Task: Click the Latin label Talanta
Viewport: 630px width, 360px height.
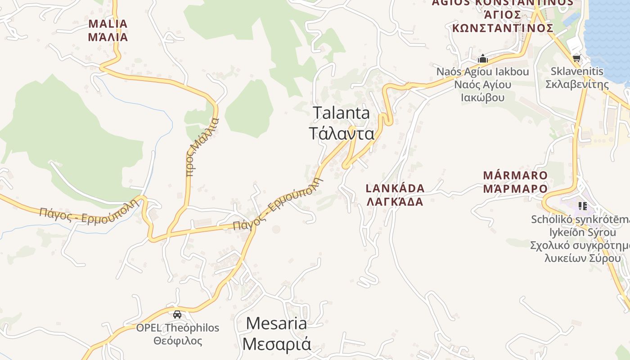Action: click(341, 113)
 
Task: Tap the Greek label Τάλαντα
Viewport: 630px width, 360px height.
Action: click(342, 134)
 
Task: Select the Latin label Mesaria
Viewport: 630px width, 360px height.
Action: click(277, 323)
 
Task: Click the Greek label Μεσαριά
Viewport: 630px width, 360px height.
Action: click(277, 344)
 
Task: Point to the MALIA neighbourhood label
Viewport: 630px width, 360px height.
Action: click(108, 24)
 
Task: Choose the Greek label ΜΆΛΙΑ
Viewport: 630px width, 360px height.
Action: click(108, 37)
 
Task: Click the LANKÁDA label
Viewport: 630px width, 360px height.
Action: click(395, 188)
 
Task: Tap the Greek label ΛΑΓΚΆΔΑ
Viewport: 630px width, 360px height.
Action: click(395, 202)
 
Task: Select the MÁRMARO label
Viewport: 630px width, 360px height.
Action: click(515, 175)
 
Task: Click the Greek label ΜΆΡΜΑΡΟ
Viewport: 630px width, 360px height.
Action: click(515, 189)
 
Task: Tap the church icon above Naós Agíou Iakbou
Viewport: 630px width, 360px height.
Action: click(483, 58)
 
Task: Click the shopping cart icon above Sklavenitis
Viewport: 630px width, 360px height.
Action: click(576, 58)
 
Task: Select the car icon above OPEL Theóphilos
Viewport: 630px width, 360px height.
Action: click(177, 314)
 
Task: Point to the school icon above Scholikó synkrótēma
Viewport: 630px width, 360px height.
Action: click(583, 206)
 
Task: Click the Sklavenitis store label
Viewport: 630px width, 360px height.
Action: click(577, 71)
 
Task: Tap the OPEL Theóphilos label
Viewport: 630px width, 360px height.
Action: click(178, 328)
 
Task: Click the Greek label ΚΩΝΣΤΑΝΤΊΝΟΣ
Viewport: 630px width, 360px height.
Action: click(503, 28)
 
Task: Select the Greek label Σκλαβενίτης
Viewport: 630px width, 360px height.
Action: click(577, 84)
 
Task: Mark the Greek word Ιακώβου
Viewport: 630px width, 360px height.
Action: click(483, 97)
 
